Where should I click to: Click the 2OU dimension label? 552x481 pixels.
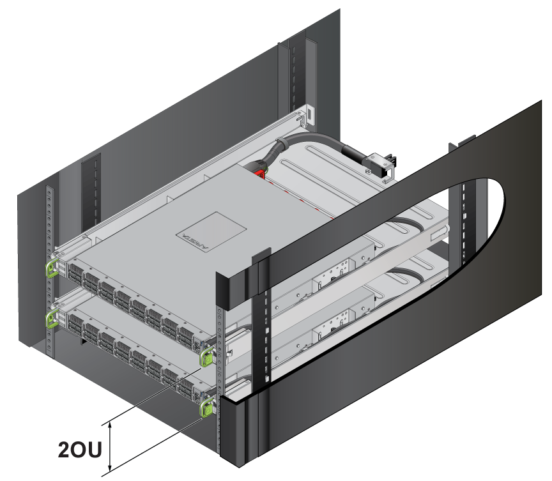pyautogui.click(x=80, y=449)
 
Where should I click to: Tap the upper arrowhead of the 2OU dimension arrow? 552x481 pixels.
pyautogui.click(x=110, y=426)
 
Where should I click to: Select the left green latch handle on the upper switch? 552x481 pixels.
pyautogui.click(x=51, y=268)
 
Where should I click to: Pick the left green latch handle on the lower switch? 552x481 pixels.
pyautogui.click(x=51, y=319)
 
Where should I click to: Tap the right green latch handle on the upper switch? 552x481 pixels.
pyautogui.click(x=206, y=357)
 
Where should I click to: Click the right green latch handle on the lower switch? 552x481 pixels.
pyautogui.click(x=206, y=408)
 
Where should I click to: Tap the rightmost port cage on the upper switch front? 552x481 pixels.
pyautogui.click(x=186, y=337)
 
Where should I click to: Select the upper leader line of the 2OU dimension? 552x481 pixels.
pyautogui.click(x=151, y=397)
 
